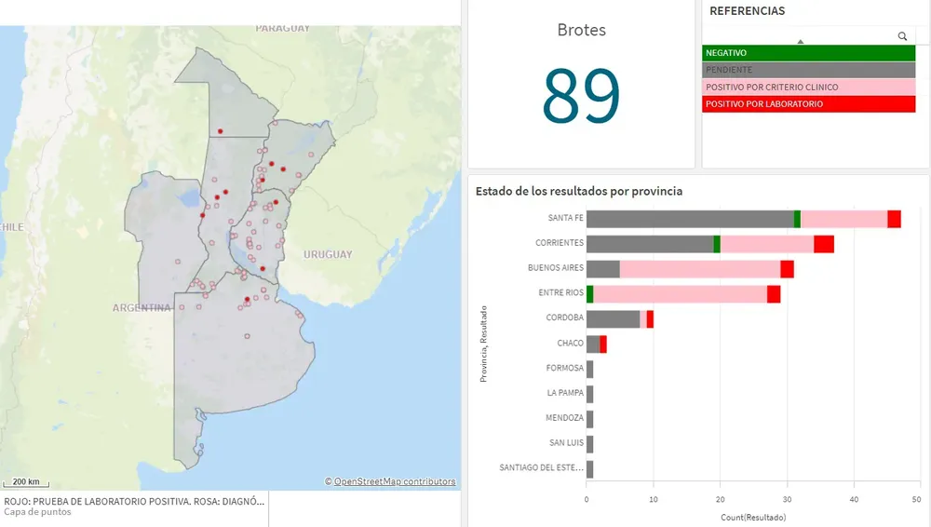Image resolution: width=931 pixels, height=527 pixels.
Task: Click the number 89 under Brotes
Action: [581, 96]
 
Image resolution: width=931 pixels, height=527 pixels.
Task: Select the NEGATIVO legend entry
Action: [808, 53]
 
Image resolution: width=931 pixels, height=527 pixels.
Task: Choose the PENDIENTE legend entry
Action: [808, 70]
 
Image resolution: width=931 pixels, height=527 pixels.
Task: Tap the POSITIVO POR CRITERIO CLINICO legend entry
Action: [808, 87]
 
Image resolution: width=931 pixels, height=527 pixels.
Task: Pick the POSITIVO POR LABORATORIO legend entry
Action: [808, 104]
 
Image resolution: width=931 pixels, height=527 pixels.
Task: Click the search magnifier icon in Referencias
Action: [902, 36]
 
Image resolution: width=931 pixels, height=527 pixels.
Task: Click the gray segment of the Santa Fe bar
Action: [689, 219]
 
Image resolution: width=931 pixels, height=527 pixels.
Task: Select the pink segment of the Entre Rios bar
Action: [681, 293]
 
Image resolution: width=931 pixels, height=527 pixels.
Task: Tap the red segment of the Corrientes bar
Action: [823, 244]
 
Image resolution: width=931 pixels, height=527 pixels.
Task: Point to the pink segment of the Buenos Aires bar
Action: [699, 269]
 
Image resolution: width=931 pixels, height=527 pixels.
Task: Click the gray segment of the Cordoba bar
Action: [613, 318]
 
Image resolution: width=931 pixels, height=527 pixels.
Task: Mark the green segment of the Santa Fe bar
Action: [797, 219]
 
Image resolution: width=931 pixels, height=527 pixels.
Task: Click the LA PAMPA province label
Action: [565, 393]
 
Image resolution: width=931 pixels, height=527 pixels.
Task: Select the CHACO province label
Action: [570, 344]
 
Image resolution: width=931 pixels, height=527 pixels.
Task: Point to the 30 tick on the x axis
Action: [788, 499]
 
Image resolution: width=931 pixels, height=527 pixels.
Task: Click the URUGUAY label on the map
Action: [327, 254]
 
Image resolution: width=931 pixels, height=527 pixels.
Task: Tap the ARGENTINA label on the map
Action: [142, 307]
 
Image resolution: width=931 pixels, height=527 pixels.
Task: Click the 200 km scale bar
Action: [26, 482]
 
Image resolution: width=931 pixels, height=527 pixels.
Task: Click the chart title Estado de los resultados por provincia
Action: [578, 191]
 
